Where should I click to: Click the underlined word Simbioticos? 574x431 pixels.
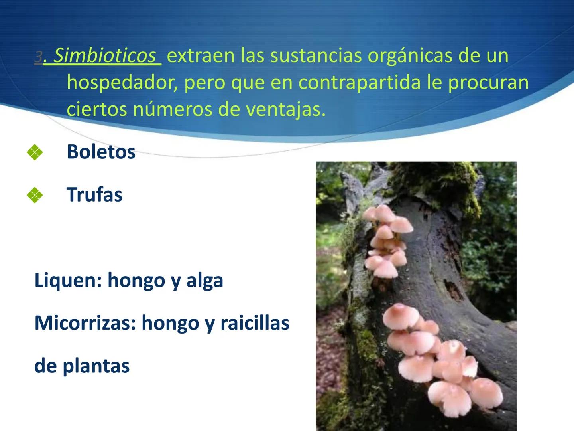tap(105, 56)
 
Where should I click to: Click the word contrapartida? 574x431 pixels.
tap(359, 83)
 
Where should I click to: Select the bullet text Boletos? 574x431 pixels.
tap(101, 152)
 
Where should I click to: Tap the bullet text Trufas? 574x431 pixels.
tap(94, 195)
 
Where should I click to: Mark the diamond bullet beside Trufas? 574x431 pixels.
tap(35, 195)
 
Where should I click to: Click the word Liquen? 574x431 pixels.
tap(68, 280)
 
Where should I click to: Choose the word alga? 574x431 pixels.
tap(204, 280)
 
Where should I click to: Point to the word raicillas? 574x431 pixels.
tap(255, 323)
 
